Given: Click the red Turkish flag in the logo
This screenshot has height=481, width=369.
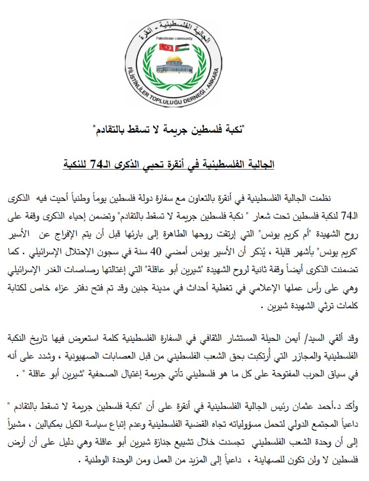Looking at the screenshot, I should (166, 48).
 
